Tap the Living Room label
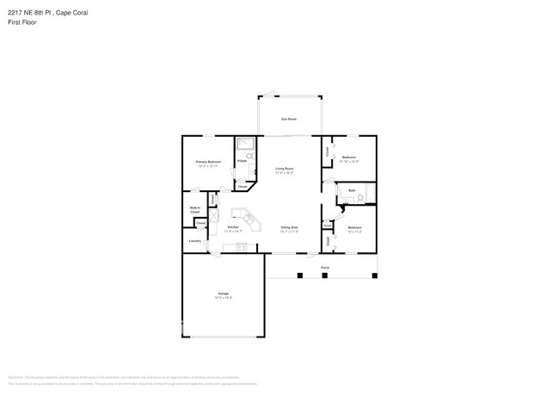click(284, 169)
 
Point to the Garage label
click(223, 294)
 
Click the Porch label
click(324, 269)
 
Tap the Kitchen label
click(233, 227)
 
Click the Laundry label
click(195, 241)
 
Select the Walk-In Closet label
click(195, 209)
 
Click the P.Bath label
click(243, 161)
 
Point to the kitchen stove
click(240, 249)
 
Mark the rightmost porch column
click(374, 275)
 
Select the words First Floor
click(22, 22)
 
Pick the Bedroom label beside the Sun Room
click(349, 158)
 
